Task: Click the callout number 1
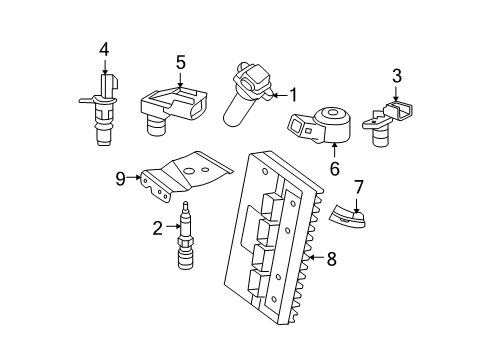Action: click(x=293, y=95)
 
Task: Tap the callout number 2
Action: click(x=156, y=228)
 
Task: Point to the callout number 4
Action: click(x=104, y=49)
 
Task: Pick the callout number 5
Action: click(x=180, y=62)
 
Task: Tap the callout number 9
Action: click(x=120, y=180)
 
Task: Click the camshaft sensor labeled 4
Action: click(x=100, y=100)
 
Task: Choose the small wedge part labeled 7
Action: click(x=349, y=212)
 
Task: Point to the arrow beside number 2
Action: click(x=170, y=228)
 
